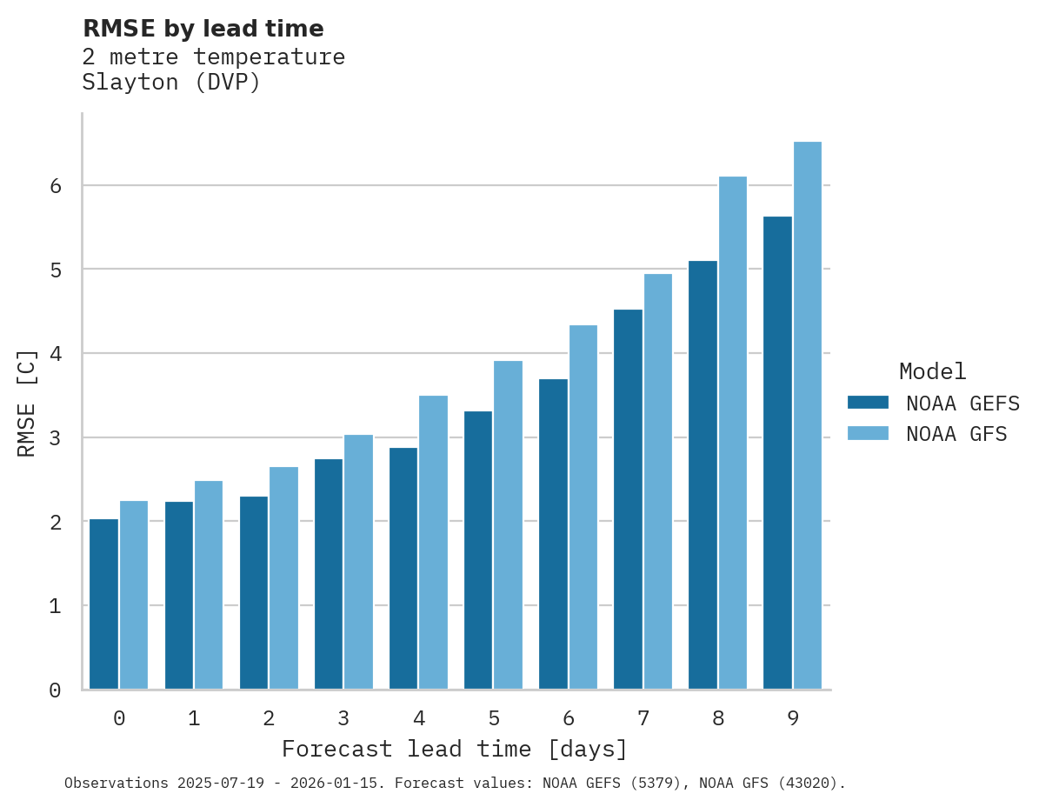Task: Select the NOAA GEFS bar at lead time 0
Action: point(104,604)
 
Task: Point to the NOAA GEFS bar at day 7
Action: point(628,499)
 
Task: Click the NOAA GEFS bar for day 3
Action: point(329,574)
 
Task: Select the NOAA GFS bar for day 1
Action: point(209,584)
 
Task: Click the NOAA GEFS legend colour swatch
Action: point(868,403)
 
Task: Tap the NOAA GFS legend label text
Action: point(956,434)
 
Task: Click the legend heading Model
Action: point(932,372)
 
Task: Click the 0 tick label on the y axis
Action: point(54,690)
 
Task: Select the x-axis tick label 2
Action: point(269,718)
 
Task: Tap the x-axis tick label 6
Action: point(569,718)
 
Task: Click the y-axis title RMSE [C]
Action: point(27,403)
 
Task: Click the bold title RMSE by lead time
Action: point(203,29)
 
